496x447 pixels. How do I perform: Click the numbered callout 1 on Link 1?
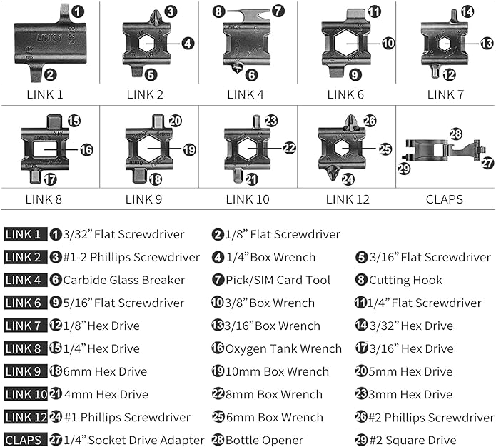coord(77,11)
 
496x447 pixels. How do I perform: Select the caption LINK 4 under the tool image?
coord(245,94)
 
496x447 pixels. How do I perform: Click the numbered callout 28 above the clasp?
coord(455,134)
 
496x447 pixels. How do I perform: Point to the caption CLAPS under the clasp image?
coord(445,199)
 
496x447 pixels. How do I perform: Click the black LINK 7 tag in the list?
coord(24,326)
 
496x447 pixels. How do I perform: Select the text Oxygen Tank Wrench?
coord(283,349)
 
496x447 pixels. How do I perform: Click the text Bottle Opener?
coord(264,441)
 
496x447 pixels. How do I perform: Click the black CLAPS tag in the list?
coord(24,441)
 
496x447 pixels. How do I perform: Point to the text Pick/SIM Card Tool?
coord(278,281)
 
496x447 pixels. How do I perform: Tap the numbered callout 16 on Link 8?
coord(86,150)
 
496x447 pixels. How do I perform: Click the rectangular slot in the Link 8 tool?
coord(48,150)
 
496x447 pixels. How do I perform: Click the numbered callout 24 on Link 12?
coord(348,179)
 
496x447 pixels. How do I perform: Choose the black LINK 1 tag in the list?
coord(24,235)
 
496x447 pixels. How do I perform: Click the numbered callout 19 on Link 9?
coord(188,150)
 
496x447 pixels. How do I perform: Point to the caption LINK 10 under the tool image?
coord(246,199)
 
